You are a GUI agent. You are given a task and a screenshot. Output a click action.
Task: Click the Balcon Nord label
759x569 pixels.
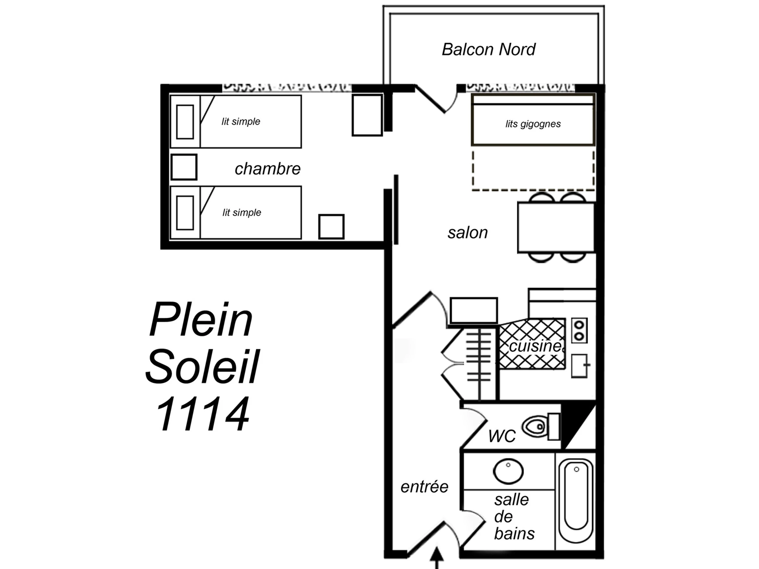point(488,49)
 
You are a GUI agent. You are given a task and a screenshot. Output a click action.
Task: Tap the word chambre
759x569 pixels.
point(268,169)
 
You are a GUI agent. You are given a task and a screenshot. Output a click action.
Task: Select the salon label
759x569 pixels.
point(468,233)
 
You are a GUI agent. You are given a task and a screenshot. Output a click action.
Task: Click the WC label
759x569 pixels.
point(502,436)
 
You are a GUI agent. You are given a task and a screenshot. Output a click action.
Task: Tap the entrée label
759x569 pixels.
point(424,487)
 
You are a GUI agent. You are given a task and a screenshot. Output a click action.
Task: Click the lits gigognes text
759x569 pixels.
point(533,124)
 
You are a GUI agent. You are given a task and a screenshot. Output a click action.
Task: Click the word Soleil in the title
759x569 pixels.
point(202,366)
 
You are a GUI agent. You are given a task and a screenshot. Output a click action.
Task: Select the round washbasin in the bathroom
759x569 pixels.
point(508,471)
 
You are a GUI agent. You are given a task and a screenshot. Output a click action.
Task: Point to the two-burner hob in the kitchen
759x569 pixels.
point(579,331)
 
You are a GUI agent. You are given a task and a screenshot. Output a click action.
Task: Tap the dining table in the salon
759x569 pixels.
point(556,228)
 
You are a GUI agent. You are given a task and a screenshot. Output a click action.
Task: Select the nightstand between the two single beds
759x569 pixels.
point(184,167)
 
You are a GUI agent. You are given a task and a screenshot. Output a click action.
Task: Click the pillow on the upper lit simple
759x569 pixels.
point(185,122)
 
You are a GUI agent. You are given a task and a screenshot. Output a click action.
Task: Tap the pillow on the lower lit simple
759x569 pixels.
point(185,213)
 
